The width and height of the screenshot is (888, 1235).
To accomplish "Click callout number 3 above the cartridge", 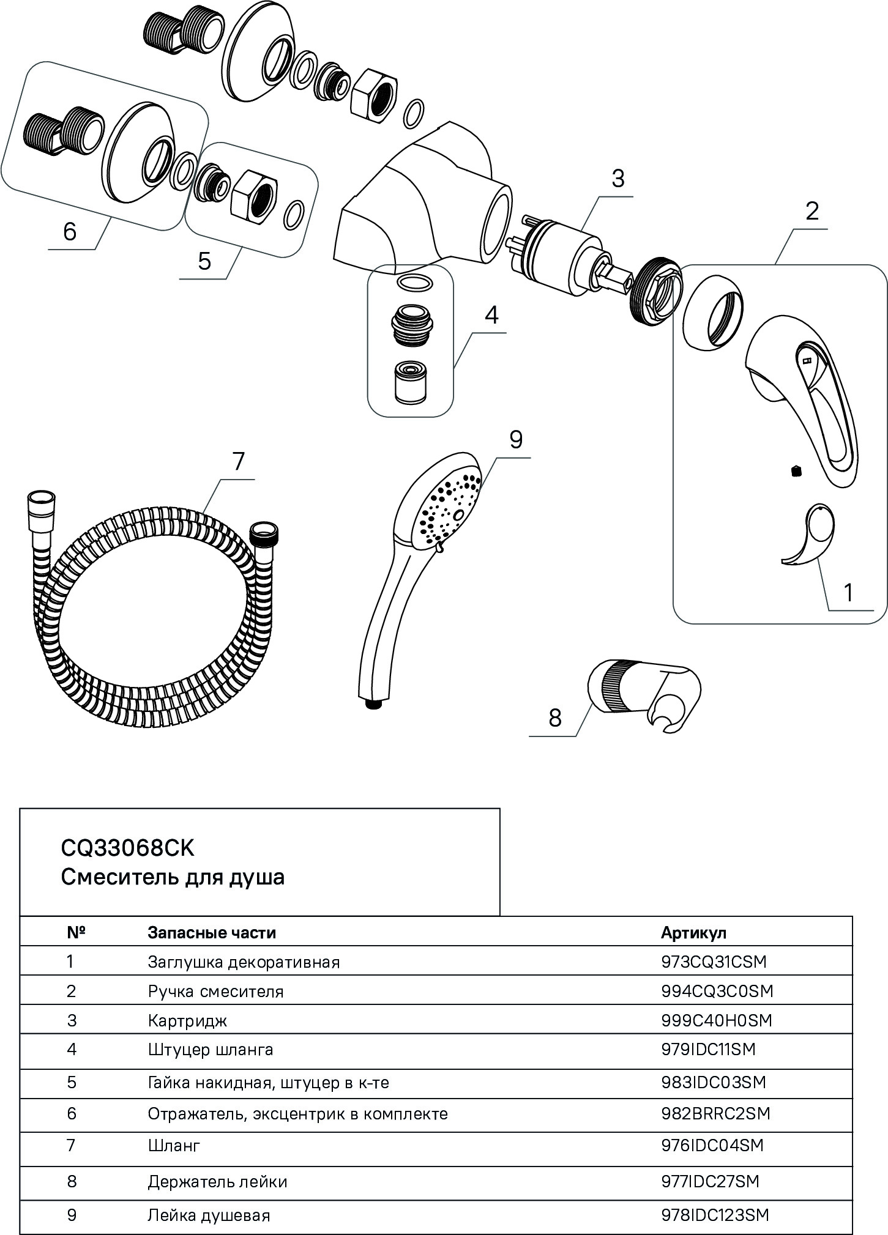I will (x=617, y=179).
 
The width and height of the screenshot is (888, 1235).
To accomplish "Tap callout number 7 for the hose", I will (x=238, y=462).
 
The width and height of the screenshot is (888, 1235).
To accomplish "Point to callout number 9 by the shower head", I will (x=516, y=440).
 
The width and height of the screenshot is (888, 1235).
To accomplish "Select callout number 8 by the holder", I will (x=555, y=718).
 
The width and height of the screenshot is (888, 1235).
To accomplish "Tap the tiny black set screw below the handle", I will (x=795, y=470).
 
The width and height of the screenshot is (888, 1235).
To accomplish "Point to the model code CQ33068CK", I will (x=127, y=848).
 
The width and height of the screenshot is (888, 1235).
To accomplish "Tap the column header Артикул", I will (x=693, y=932).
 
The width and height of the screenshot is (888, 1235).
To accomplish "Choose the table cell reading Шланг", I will (x=174, y=1144).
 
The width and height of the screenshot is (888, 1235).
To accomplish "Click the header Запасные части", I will (x=212, y=932).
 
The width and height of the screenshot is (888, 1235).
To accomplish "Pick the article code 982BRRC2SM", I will (x=715, y=1113).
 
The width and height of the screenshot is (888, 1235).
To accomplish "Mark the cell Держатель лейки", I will (x=217, y=1181).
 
